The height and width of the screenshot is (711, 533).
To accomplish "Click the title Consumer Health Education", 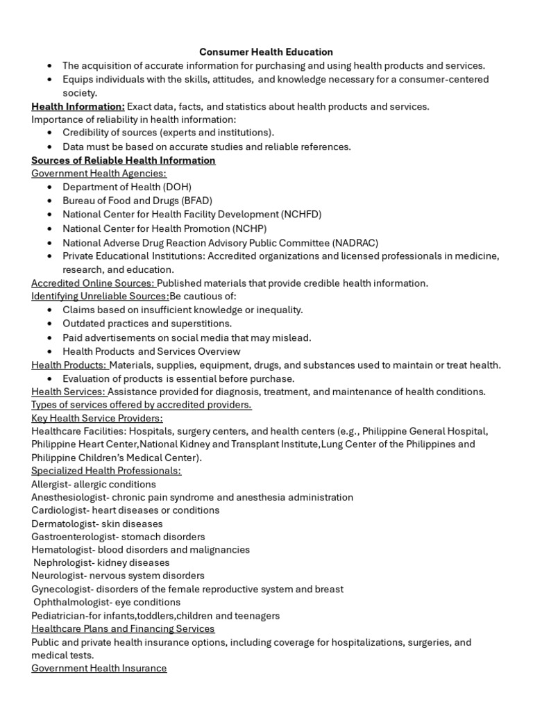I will [266, 52].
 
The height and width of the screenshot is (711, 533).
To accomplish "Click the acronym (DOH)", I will [177, 187].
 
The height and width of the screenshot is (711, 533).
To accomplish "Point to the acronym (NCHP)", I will [250, 228].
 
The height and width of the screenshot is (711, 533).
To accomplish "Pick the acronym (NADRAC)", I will [354, 242].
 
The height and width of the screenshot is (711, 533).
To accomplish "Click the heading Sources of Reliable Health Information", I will [124, 160].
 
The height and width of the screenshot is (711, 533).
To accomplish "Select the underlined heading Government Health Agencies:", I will [99, 174].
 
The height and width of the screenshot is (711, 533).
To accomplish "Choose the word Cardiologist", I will [56, 510].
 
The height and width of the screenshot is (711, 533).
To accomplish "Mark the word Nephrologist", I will [62, 562].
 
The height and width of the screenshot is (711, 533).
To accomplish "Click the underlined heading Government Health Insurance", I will [99, 668].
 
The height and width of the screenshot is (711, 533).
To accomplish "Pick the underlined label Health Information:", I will [78, 106].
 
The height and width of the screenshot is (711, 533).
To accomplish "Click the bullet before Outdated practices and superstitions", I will [50, 324].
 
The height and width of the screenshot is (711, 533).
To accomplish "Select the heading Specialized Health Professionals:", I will [106, 471].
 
